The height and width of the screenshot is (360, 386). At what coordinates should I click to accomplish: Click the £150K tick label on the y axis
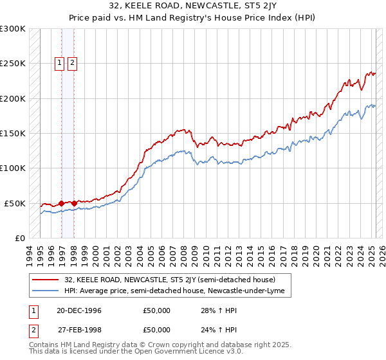[12, 133]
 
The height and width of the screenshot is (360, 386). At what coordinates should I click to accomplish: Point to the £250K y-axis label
[12, 64]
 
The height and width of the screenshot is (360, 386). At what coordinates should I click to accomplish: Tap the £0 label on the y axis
[19, 238]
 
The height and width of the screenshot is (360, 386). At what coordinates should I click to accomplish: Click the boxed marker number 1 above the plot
[59, 62]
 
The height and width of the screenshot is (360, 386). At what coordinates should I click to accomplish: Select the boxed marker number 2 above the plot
[71, 62]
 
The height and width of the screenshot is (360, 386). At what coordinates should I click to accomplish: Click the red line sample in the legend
[46, 280]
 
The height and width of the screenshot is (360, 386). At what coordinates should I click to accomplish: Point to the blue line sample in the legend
[46, 291]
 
